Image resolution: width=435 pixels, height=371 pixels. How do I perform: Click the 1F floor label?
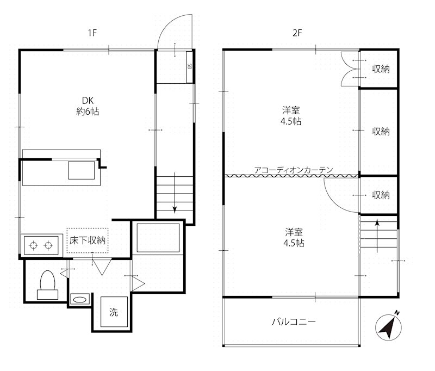point(92,33)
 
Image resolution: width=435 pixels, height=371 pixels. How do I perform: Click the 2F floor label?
point(297,33)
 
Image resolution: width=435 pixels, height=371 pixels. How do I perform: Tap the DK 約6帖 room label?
point(88,106)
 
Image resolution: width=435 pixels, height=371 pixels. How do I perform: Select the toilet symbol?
point(47,285)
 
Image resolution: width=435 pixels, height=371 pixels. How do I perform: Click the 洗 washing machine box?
point(114,312)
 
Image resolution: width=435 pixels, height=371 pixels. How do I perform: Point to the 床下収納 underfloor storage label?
point(88,240)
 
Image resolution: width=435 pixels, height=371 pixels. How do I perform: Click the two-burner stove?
point(41,245)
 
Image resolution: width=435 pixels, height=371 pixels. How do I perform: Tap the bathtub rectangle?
point(158,238)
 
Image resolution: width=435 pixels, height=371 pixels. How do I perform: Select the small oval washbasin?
point(80,300)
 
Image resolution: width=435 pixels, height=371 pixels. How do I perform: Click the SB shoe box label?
point(190,66)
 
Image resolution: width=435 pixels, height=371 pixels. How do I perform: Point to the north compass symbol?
point(389,326)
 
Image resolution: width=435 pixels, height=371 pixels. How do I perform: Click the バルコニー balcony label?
point(294,322)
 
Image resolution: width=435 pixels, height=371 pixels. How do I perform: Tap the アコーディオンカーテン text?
point(294,170)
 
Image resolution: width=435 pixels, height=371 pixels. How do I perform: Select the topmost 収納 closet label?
point(381,69)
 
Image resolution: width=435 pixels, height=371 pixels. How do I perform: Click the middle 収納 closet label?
point(381,131)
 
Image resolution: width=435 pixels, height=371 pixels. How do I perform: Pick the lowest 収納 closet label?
point(381,195)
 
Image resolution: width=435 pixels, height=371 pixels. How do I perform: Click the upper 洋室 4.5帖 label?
point(291,116)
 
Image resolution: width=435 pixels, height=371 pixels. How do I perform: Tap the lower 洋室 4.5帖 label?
point(294,238)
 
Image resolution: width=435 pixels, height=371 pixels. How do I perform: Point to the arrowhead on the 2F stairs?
point(377,222)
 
